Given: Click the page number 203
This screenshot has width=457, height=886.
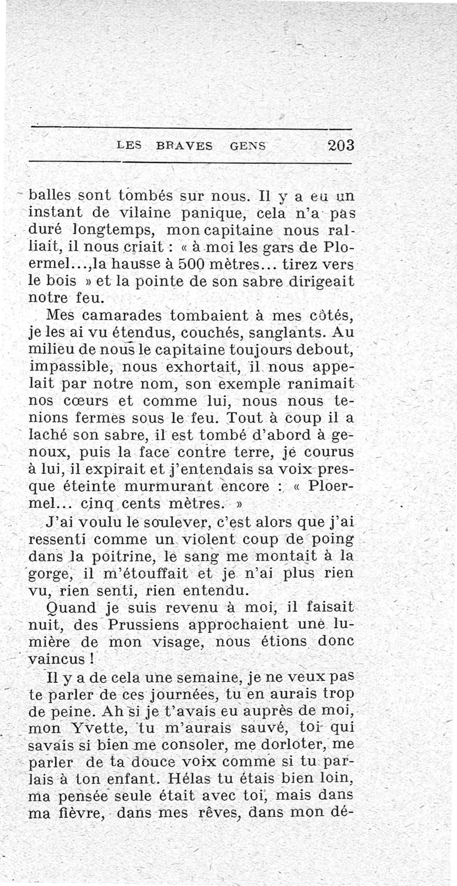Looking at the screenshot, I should point(341,145).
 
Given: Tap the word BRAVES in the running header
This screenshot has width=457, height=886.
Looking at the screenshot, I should point(183,146).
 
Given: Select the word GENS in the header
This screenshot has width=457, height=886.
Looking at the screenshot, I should point(247,146).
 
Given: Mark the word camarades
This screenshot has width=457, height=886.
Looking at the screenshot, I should point(124,316).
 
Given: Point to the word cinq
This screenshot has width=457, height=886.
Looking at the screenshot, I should point(95,505).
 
